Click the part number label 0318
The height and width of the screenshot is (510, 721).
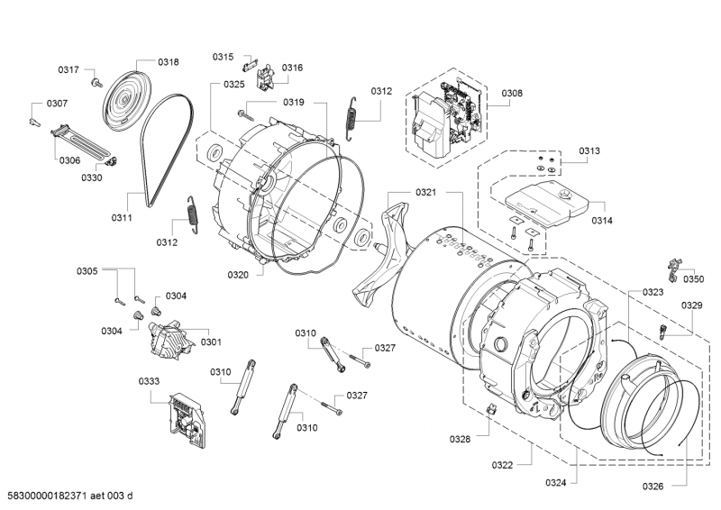(168, 62)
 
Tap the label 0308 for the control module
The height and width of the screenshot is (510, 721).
(512, 93)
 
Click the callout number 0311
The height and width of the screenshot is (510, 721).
(122, 217)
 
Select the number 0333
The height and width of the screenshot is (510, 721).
(149, 381)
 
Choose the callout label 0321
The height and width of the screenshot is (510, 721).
(426, 193)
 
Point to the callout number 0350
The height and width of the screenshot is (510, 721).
(694, 279)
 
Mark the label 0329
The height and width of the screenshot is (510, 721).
(691, 305)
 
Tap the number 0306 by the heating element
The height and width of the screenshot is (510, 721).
(69, 160)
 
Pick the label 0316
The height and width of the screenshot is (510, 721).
(292, 68)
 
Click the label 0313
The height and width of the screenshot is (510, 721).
(590, 150)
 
